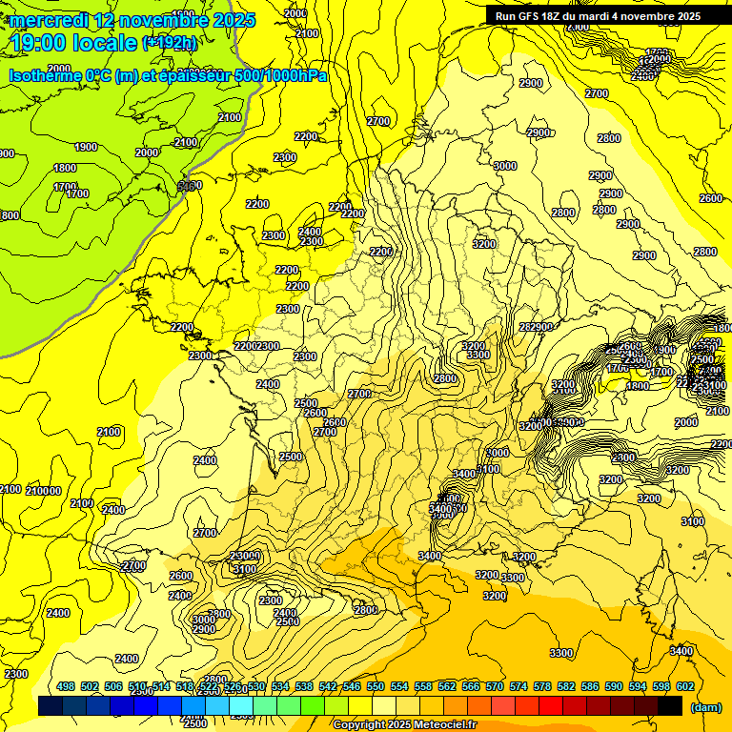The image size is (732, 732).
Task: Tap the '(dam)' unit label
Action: click(x=706, y=708)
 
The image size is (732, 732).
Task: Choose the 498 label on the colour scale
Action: click(x=66, y=686)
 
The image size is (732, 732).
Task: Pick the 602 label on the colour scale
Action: click(x=685, y=686)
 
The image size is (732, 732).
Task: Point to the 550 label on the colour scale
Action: click(x=376, y=686)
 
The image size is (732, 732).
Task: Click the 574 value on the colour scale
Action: click(x=518, y=686)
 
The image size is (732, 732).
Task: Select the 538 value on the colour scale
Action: click(x=304, y=686)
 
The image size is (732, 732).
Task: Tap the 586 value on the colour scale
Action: click(x=590, y=686)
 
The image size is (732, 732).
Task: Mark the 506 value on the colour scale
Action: click(x=113, y=686)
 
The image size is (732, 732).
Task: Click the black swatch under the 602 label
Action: click(x=670, y=706)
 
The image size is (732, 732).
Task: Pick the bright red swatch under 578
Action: click(x=551, y=706)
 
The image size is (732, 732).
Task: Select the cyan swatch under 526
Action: click(x=241, y=706)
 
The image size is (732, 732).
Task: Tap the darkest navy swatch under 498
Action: click(x=51, y=706)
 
